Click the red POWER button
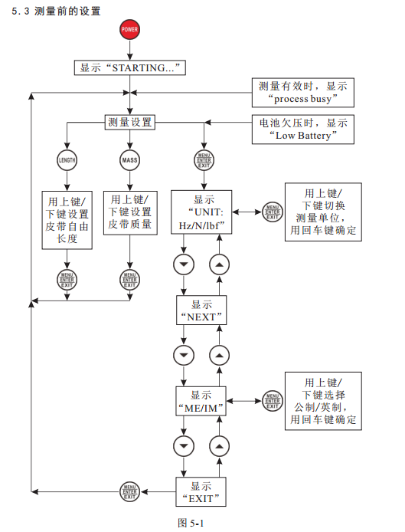point(129,30)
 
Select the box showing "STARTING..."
point(130,68)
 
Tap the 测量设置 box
point(130,122)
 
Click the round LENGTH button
point(67,160)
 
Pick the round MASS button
point(130,160)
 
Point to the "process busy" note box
point(303,92)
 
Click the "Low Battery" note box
point(303,130)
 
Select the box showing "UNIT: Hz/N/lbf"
point(201,212)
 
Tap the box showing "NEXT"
point(201,310)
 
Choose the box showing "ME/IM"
point(201,401)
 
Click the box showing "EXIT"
point(201,492)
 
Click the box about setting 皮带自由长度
point(67,220)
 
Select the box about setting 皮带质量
point(130,213)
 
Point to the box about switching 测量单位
point(323,212)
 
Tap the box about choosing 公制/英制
point(323,401)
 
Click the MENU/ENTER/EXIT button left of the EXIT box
point(130,491)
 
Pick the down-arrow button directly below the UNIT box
point(184,264)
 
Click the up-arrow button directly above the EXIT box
point(219,446)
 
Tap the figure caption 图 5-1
point(191,523)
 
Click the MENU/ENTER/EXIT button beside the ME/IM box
point(273,401)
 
